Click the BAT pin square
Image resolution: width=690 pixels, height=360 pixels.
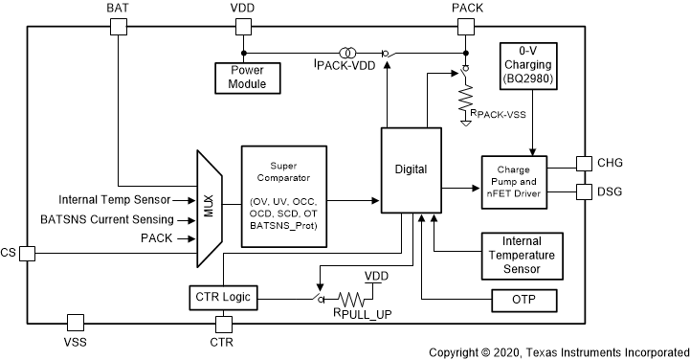point(118,28)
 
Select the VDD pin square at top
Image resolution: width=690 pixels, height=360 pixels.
point(242,28)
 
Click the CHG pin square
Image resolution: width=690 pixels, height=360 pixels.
point(584,164)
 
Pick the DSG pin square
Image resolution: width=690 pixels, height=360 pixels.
point(584,191)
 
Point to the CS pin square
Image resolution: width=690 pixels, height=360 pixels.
point(27,253)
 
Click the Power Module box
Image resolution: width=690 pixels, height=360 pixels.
point(247,77)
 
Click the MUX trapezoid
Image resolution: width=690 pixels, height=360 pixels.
point(209,208)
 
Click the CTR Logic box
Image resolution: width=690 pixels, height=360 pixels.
point(222,298)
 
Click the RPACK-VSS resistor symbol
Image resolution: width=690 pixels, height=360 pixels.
point(465,98)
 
